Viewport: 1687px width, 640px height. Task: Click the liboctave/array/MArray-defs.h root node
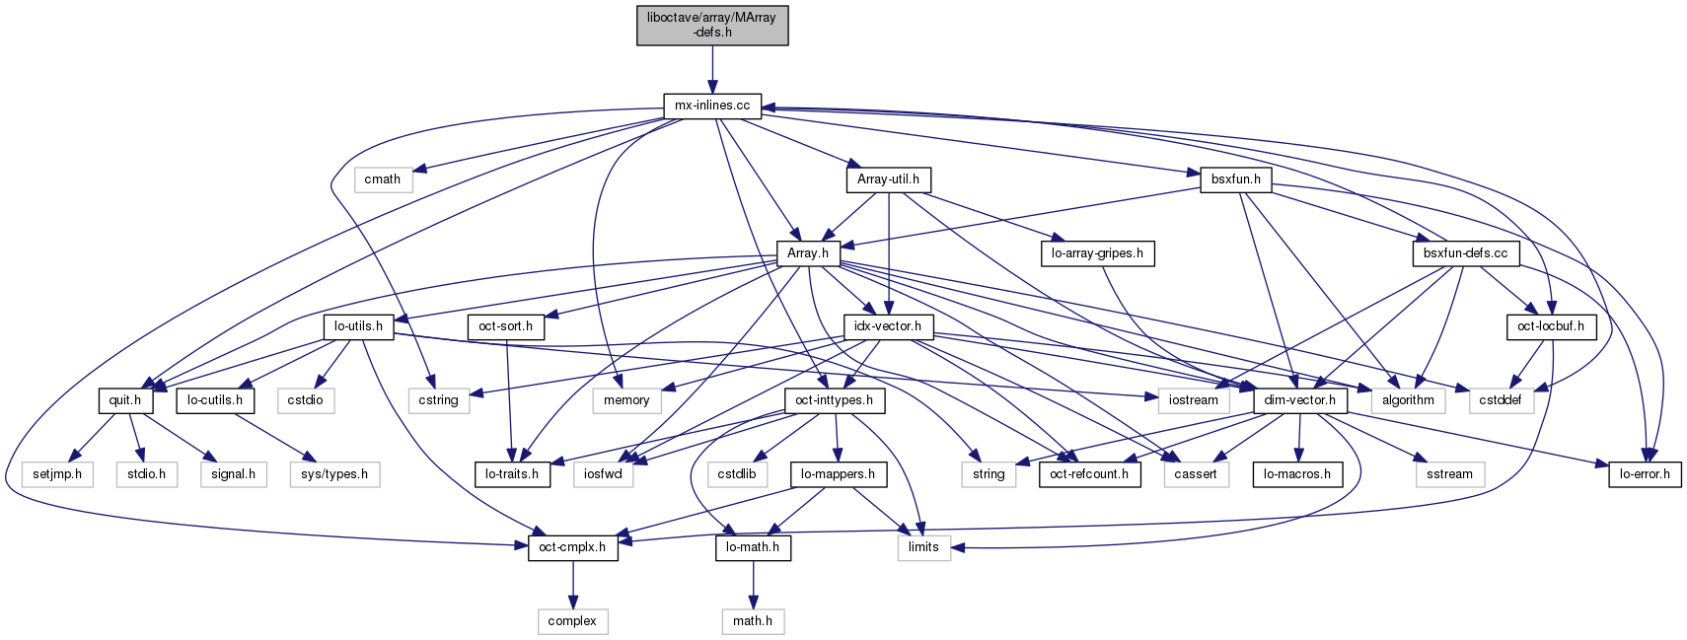712,25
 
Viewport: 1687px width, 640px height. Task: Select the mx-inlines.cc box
712,106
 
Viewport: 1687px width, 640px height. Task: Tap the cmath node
382,179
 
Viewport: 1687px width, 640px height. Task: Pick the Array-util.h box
888,179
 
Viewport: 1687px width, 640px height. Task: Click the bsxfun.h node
1235,179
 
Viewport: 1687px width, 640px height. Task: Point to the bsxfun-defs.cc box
1465,253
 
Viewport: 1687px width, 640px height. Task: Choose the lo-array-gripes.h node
1097,253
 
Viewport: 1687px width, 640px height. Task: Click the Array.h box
807,253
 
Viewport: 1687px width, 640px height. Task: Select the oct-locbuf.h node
1551,326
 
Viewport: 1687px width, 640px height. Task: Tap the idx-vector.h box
888,326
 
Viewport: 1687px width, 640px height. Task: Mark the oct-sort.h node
505,326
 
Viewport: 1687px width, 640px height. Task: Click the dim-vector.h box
1299,400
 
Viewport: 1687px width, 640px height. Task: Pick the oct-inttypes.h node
835,400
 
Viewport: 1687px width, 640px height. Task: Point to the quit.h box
125,400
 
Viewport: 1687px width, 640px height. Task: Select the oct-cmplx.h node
572,547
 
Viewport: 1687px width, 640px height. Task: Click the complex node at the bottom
572,621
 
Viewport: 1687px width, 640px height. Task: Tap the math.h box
753,621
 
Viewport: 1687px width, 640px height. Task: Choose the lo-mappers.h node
839,474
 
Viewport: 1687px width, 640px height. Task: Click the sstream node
1449,474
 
